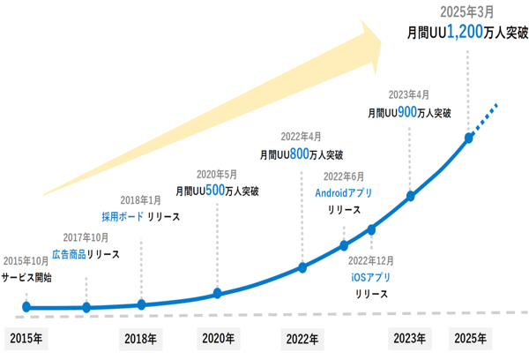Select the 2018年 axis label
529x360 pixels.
[x=140, y=339]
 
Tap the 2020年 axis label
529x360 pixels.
[x=218, y=339]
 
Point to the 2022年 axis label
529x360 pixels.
[x=302, y=339]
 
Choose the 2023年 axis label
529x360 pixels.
[x=409, y=339]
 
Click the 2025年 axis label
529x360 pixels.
[x=469, y=339]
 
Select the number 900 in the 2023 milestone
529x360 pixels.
[x=407, y=112]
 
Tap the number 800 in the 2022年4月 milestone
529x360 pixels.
[x=299, y=154]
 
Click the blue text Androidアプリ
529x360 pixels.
[x=344, y=192]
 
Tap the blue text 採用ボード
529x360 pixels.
[x=122, y=216]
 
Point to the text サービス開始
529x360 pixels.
[x=26, y=277]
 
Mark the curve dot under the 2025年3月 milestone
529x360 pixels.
[x=469, y=138]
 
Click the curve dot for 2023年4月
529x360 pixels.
[x=410, y=196]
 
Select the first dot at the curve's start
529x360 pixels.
[x=26, y=307]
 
